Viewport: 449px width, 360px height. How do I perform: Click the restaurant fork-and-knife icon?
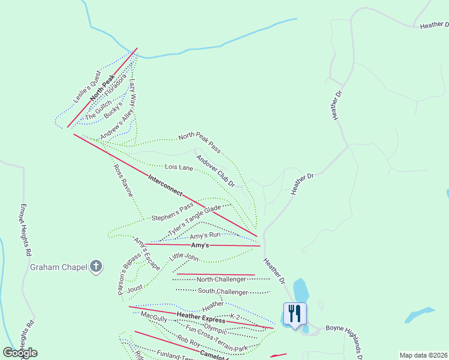[x=294, y=313]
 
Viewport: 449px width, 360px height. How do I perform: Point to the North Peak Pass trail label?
[x=199, y=142]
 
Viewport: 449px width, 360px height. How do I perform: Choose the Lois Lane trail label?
[x=178, y=167]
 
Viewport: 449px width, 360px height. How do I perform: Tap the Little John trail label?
[x=184, y=257]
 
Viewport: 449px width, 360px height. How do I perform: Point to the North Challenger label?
[x=221, y=280]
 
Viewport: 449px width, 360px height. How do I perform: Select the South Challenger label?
[x=223, y=292]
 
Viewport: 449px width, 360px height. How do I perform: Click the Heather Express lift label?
[x=201, y=318]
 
